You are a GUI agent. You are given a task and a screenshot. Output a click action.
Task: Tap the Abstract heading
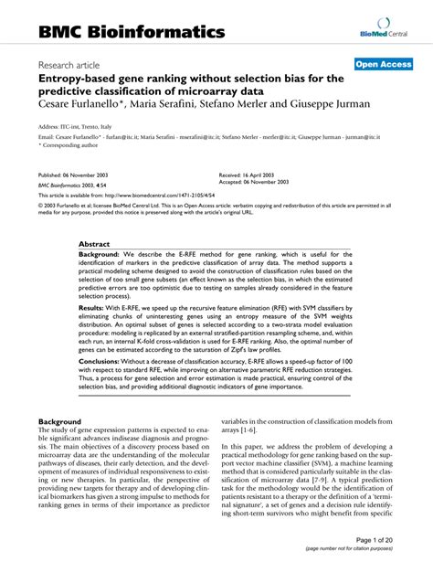[x=94, y=244]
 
